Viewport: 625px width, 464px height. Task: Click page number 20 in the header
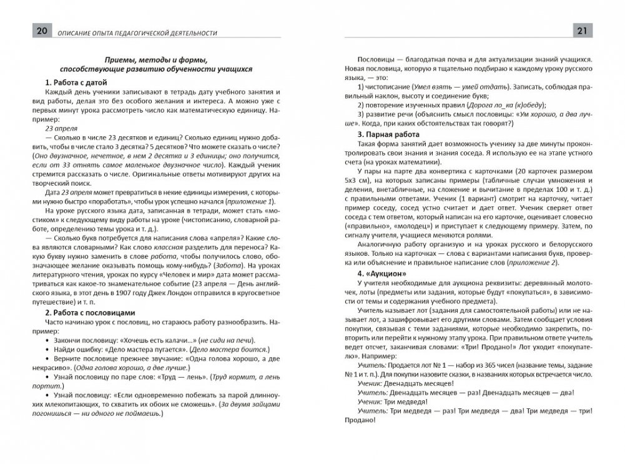coord(29,31)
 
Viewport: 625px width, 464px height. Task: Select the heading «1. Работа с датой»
coord(77,82)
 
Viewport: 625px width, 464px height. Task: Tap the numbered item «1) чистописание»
coord(385,84)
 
